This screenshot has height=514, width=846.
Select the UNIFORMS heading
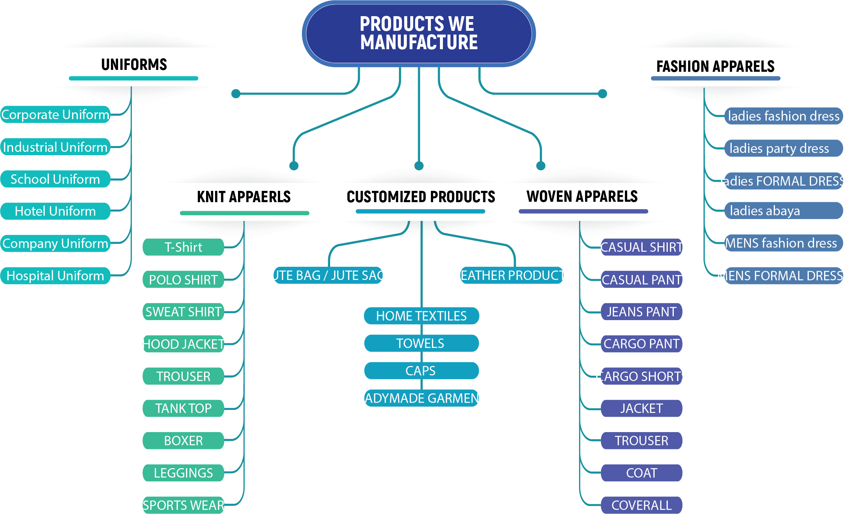tap(134, 65)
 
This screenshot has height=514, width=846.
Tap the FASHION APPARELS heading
tap(715, 67)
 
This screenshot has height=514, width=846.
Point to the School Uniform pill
tap(55, 179)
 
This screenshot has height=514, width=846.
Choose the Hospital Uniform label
tap(55, 276)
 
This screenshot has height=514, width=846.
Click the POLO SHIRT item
tap(183, 280)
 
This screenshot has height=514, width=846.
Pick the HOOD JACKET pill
tap(183, 344)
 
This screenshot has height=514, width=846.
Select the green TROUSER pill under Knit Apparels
tap(183, 376)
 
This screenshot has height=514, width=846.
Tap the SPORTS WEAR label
tap(183, 505)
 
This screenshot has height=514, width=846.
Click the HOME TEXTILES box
tap(421, 316)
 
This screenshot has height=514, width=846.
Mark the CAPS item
tap(421, 371)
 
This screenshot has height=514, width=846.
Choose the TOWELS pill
tap(421, 343)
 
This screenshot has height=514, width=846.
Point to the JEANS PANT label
tap(641, 312)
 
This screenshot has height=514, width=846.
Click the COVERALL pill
tap(641, 505)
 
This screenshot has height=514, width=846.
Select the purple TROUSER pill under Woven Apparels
tap(641, 440)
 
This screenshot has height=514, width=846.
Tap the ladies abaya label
tap(783, 211)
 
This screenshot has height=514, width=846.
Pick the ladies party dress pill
tap(783, 148)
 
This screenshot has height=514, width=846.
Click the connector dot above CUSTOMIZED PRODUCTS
tap(419, 166)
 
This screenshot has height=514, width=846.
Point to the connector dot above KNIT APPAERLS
tap(294, 166)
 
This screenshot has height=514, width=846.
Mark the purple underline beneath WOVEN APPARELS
tap(583, 212)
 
